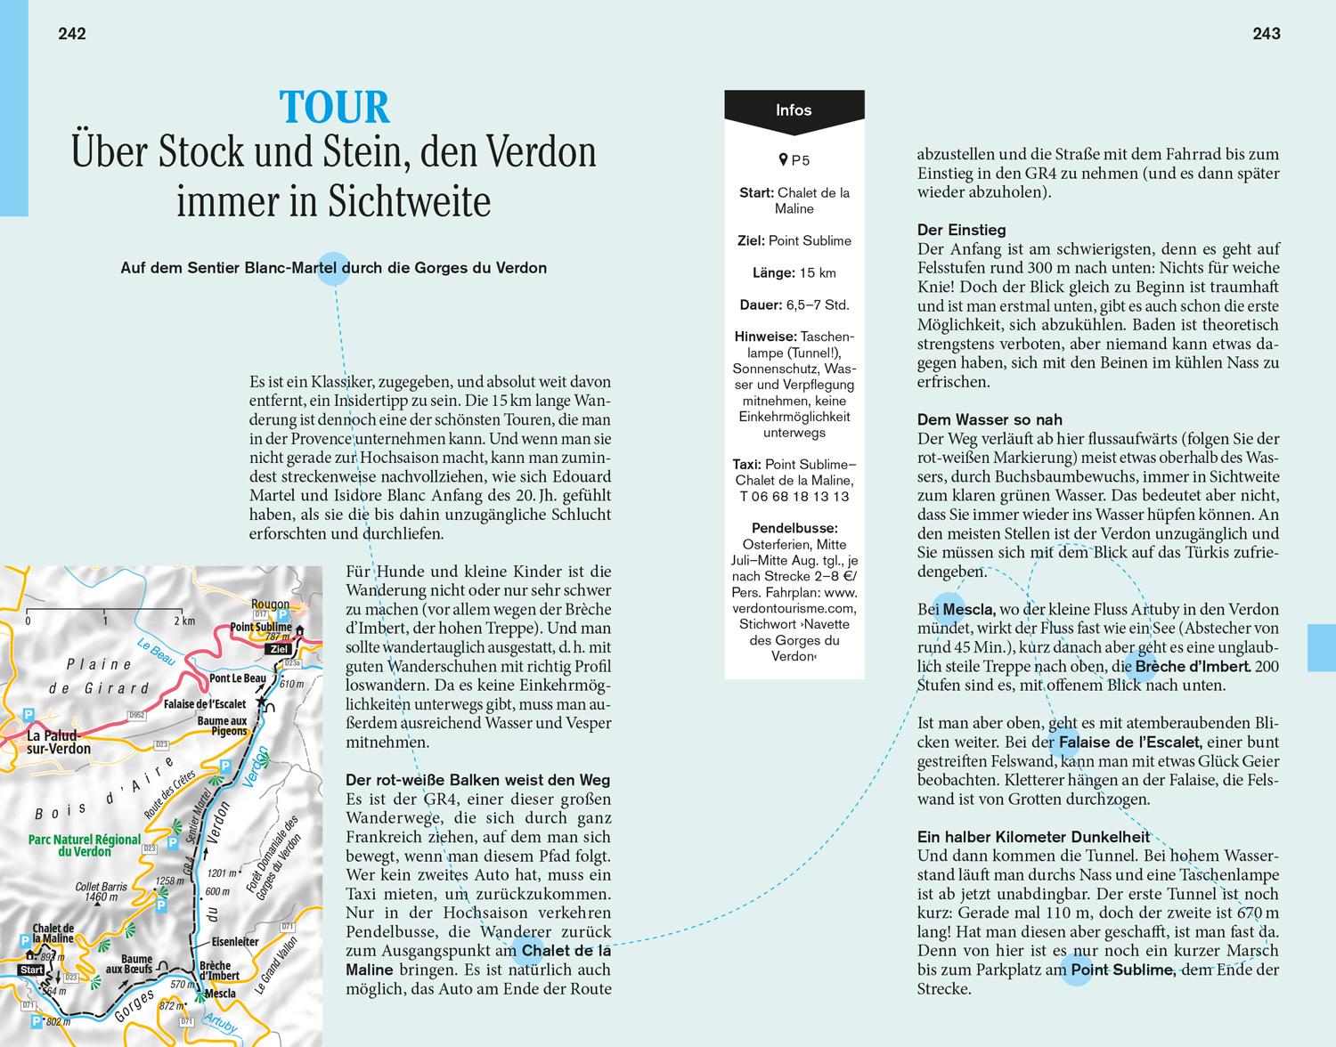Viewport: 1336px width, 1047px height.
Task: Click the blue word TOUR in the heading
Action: click(335, 108)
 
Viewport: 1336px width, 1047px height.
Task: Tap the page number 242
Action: click(71, 34)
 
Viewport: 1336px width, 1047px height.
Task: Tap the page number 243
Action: click(1266, 34)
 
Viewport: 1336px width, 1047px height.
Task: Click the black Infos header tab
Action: click(794, 111)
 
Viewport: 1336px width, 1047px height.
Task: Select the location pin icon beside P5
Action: click(783, 160)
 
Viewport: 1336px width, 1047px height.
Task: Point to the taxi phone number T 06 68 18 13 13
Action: click(794, 497)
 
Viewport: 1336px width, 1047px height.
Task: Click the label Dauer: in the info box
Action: click(762, 304)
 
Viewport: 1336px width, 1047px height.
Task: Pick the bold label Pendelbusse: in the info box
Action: click(794, 528)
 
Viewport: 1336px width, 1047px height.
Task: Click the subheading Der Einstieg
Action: click(961, 230)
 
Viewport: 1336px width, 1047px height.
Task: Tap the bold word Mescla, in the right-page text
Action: click(968, 610)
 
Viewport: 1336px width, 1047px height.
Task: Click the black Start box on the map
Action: click(31, 970)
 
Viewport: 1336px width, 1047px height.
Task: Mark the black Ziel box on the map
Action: click(279, 649)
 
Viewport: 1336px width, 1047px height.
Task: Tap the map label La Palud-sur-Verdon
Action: click(59, 743)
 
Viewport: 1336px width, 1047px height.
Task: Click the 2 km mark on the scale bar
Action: click(183, 621)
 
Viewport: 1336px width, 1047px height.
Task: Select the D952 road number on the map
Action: click(135, 715)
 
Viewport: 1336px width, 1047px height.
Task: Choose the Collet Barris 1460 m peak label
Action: click(101, 891)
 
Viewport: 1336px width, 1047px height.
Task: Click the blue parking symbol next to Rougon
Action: click(282, 614)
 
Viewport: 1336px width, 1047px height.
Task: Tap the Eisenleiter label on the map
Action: click(235, 940)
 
